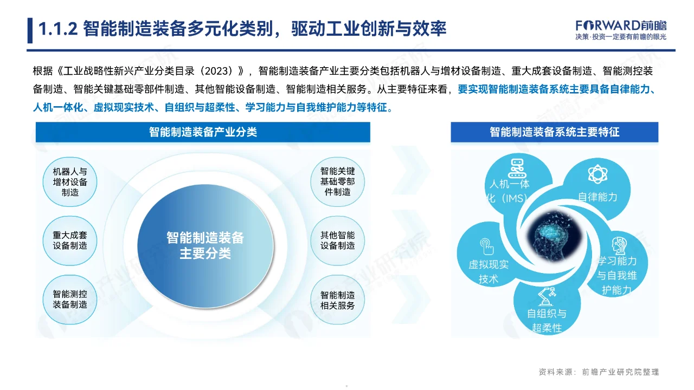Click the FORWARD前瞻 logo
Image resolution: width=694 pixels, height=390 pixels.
[x=621, y=25]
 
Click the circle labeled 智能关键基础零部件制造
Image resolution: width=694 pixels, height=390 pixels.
[x=337, y=182]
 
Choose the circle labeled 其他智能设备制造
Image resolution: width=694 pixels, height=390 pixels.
[x=337, y=240]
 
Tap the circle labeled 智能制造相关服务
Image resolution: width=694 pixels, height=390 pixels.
[x=337, y=300]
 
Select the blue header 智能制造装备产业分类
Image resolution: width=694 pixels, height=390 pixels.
[x=203, y=132]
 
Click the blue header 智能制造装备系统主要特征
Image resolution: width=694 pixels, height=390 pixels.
[x=554, y=132]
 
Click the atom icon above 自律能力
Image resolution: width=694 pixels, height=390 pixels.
[x=596, y=174]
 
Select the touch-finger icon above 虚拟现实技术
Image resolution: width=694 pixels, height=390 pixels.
[x=487, y=246]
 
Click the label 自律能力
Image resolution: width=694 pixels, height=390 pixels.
[x=597, y=197]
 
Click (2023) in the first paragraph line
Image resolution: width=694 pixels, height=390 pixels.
[x=220, y=71]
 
